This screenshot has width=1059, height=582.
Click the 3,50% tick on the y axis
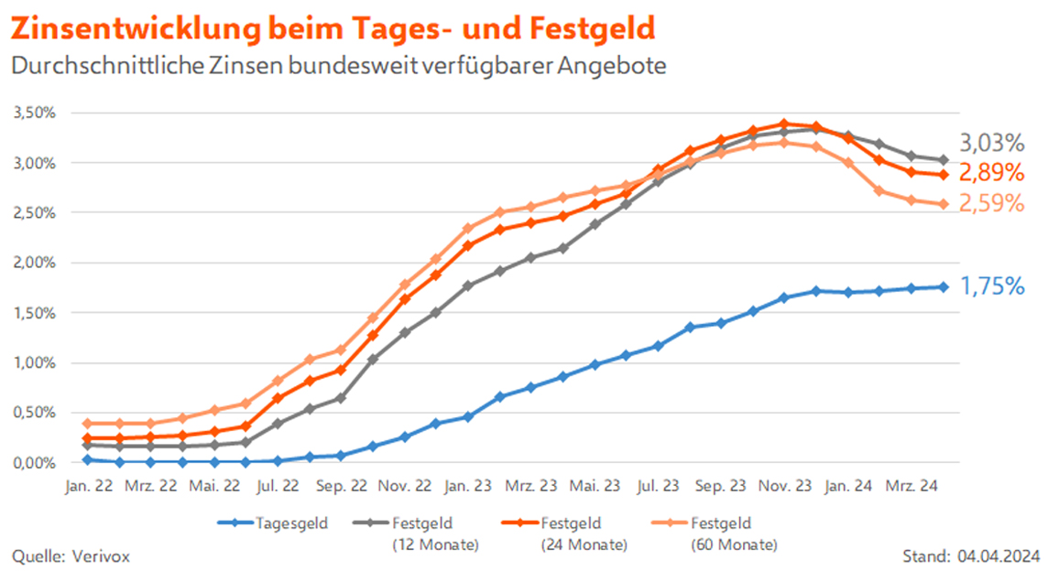34,113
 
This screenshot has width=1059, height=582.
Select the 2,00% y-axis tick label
34,263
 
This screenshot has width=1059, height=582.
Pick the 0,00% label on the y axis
34,463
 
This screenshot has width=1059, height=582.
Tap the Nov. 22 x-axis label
405,486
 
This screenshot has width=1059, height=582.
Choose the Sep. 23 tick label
721,486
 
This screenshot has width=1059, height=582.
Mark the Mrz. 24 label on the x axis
912,486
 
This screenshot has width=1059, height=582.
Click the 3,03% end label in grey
991,144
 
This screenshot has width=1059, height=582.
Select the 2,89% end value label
991,173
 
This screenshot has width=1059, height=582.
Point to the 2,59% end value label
991,203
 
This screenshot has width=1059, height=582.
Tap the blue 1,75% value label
991,286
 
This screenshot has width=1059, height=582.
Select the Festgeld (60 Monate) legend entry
733,533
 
